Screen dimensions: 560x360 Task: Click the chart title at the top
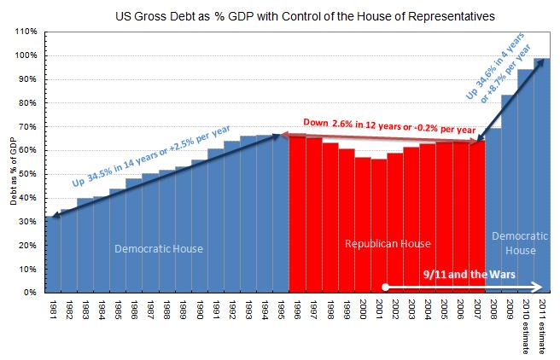click(x=305, y=16)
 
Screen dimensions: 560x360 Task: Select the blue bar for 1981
click(x=53, y=254)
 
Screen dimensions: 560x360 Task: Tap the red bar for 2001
click(x=379, y=226)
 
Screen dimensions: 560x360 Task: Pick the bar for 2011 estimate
click(x=542, y=176)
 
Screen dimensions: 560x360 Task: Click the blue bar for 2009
click(x=510, y=194)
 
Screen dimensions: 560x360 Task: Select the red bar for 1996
click(x=297, y=214)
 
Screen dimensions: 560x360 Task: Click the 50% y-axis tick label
click(x=27, y=174)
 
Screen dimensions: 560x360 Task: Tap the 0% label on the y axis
click(x=30, y=293)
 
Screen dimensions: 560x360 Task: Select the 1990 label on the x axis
click(x=199, y=310)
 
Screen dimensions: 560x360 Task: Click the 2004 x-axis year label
click(x=428, y=310)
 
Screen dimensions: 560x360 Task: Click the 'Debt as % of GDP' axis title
click(x=14, y=171)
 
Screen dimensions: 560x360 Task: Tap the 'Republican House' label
click(x=388, y=244)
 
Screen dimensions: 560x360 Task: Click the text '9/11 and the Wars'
click(x=470, y=274)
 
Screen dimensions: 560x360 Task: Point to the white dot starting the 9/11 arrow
click(x=385, y=287)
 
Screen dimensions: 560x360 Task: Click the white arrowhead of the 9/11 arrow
click(x=537, y=287)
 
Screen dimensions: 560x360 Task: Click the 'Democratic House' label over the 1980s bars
click(x=159, y=248)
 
